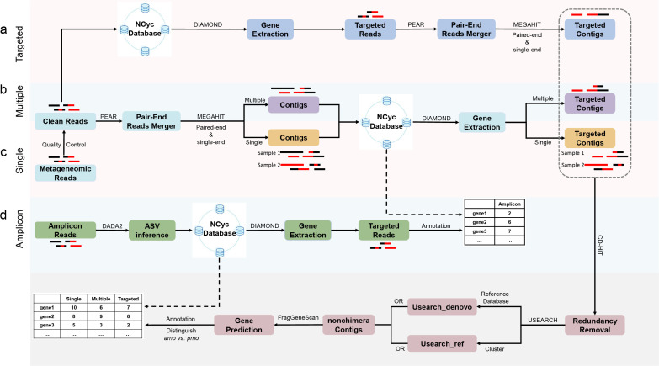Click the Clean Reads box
[65, 121]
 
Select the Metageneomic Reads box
[65, 172]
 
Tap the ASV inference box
[151, 231]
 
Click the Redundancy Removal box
[595, 325]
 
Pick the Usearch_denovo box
[442, 307]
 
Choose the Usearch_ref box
[442, 343]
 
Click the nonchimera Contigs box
[348, 325]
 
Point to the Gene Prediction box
[244, 325]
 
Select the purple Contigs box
[294, 105]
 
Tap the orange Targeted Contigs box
[590, 138]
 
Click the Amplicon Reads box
[65, 231]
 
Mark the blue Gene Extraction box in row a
[270, 29]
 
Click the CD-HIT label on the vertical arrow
[600, 246]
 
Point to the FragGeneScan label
[298, 318]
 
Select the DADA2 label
[112, 226]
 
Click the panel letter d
[3, 215]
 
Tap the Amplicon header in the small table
[509, 204]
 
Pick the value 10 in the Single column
[73, 308]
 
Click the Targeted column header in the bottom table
[128, 299]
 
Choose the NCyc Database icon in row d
[220, 231]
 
